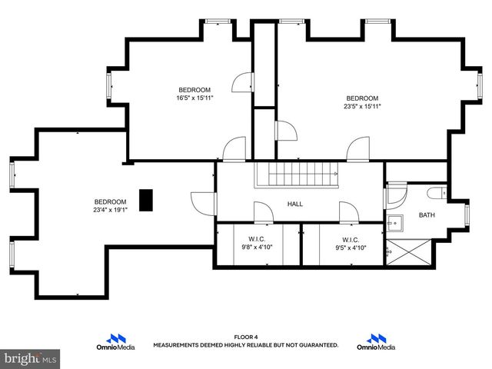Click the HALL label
pos(295,204)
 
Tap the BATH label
pos(426,215)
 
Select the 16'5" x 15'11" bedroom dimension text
pos(195,98)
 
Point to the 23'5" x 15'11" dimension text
pos(362,107)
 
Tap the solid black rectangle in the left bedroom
pos(145,200)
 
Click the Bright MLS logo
pos(31,358)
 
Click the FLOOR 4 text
pos(245,337)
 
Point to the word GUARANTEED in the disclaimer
pos(317,345)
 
